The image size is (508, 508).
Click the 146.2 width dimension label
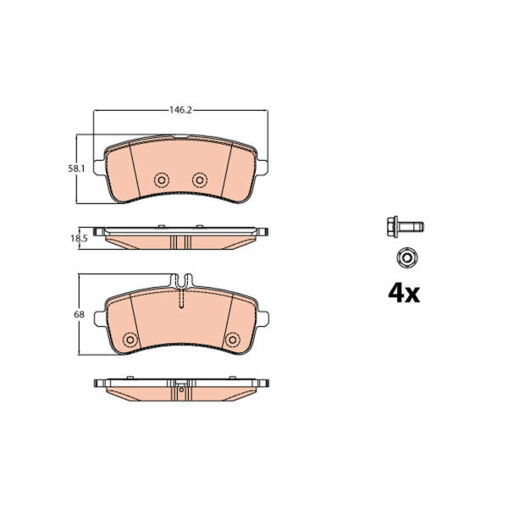tap(181, 110)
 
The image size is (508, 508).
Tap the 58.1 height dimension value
tap(76, 168)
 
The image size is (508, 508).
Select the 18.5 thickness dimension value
tap(79, 239)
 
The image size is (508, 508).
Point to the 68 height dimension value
tap(79, 314)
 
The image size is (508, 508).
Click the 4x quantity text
tap(404, 294)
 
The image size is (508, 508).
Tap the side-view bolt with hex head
tap(406, 226)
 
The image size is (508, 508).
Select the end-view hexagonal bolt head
tap(407, 258)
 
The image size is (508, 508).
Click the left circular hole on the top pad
tap(162, 179)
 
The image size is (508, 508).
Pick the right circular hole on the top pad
tap(200, 179)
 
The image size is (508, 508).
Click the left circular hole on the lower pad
tap(130, 340)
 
